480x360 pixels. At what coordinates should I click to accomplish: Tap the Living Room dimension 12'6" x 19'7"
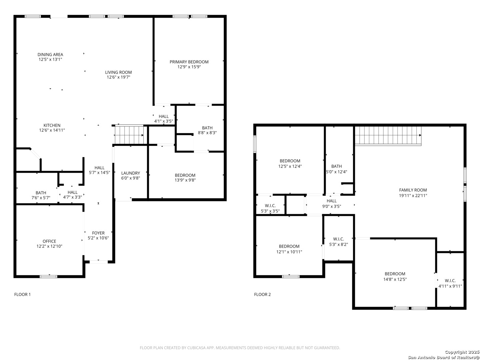[x=118, y=77]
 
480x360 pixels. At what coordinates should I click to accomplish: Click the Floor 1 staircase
[x=129, y=135]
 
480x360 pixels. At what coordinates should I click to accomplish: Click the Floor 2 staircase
[x=388, y=136]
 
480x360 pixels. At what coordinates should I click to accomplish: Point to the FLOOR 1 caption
[x=23, y=294]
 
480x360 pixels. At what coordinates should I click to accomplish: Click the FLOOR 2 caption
[x=262, y=294]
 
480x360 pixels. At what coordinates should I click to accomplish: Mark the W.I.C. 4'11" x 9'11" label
[x=450, y=283]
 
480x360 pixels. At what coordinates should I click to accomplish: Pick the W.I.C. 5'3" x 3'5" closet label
[x=270, y=208]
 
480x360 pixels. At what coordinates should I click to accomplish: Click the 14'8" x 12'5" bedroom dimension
[x=395, y=279]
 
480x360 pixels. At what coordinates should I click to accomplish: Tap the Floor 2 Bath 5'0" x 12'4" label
[x=336, y=169]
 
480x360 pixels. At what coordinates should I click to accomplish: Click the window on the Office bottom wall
[x=49, y=277]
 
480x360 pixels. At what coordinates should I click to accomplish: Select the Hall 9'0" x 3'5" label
[x=332, y=203]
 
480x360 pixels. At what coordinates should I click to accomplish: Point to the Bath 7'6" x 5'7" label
[x=41, y=195]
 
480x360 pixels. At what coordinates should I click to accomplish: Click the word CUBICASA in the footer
[x=196, y=348]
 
